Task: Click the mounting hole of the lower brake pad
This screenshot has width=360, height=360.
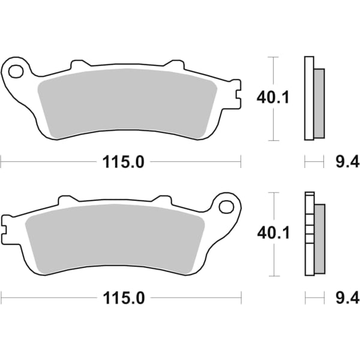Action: (x=226, y=207)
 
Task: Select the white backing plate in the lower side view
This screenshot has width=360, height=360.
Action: (x=309, y=234)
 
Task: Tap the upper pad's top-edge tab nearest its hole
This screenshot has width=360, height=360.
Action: (x=79, y=64)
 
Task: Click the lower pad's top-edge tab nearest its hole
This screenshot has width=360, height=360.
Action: (x=162, y=200)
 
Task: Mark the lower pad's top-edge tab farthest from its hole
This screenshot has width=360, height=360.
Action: (x=67, y=199)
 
